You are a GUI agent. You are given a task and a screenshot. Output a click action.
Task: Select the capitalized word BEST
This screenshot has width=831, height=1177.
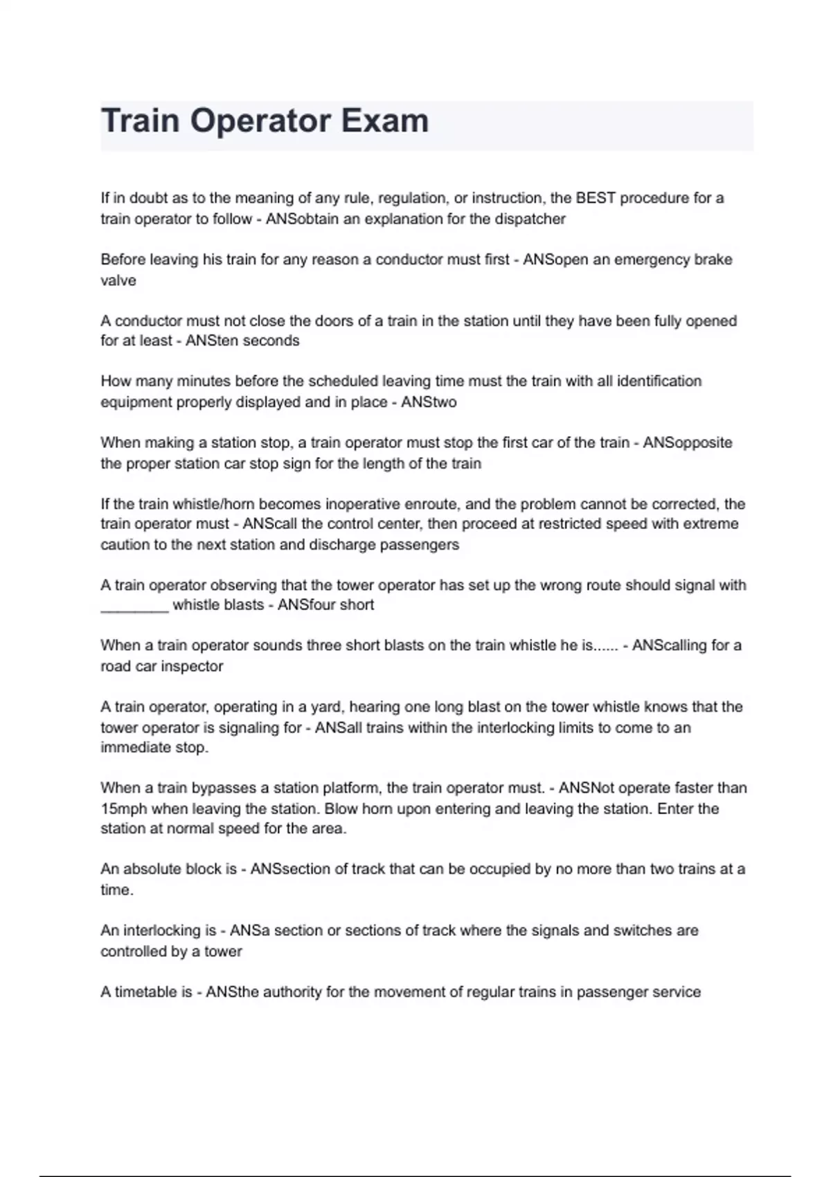tap(596, 198)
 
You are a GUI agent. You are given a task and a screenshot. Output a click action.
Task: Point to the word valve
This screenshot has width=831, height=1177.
tap(118, 280)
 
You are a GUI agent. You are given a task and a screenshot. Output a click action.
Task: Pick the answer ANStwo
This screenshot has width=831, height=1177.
tap(429, 402)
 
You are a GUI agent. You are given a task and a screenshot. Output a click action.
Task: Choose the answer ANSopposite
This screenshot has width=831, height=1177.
tap(687, 442)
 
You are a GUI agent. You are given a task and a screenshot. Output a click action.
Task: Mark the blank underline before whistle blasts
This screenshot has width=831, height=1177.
tap(134, 607)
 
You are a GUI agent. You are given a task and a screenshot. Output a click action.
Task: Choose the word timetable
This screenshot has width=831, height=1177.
tap(143, 992)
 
